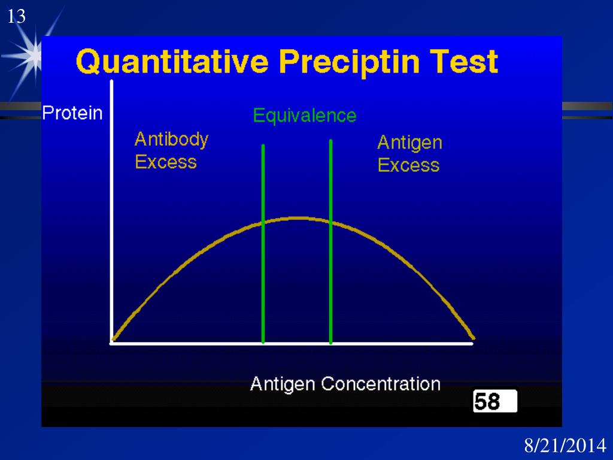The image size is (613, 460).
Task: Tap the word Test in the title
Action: click(463, 62)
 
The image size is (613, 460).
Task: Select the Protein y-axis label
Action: click(72, 113)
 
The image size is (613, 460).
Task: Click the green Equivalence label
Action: click(304, 115)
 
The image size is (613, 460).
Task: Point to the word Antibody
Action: click(171, 140)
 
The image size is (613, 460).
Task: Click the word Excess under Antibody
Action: click(166, 162)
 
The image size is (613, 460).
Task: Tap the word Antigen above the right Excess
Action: click(409, 143)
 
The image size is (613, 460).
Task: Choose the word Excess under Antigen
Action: click(408, 165)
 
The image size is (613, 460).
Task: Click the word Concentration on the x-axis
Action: click(380, 383)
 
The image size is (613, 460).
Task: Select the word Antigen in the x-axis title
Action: click(283, 383)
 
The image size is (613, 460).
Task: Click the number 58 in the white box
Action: click(487, 401)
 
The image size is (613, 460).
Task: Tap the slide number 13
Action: click(16, 17)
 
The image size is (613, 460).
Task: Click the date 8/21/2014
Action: click(565, 446)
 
